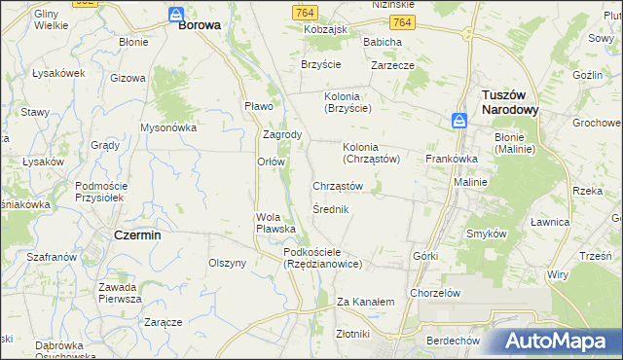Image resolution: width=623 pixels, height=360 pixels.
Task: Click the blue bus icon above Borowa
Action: [176, 15]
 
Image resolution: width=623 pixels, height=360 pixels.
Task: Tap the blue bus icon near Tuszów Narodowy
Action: [459, 120]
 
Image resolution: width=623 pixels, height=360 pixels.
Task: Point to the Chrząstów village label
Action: [338, 185]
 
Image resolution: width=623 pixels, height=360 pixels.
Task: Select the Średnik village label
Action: [331, 209]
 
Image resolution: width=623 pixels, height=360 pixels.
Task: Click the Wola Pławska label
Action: [275, 222]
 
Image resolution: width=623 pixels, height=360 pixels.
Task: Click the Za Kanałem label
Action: [365, 302]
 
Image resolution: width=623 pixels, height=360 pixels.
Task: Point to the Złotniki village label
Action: [351, 333]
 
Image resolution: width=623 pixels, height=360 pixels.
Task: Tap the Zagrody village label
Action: [282, 134]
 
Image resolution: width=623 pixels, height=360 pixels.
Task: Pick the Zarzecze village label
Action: [393, 66]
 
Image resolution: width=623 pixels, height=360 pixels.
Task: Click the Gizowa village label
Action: [128, 77]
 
